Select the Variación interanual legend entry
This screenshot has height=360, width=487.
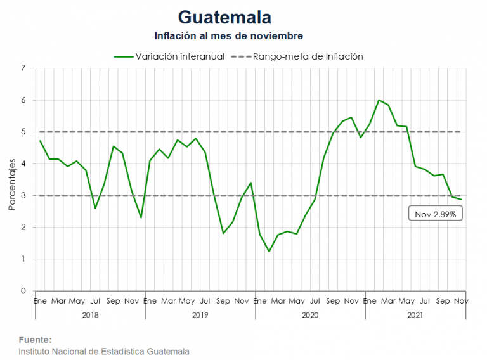[170, 56]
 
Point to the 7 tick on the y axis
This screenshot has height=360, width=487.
[23, 68]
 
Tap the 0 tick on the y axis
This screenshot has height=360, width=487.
[23, 291]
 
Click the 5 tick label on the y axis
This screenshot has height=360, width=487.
[23, 132]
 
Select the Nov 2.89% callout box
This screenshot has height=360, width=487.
[436, 214]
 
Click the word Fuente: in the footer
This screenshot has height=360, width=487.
[36, 340]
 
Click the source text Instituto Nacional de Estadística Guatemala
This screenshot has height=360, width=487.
[104, 351]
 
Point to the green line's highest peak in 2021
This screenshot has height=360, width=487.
[379, 100]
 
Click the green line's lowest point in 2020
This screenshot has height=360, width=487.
[269, 252]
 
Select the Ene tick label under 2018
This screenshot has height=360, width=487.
[40, 300]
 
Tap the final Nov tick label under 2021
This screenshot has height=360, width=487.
[461, 300]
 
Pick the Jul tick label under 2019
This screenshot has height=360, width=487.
[205, 300]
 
